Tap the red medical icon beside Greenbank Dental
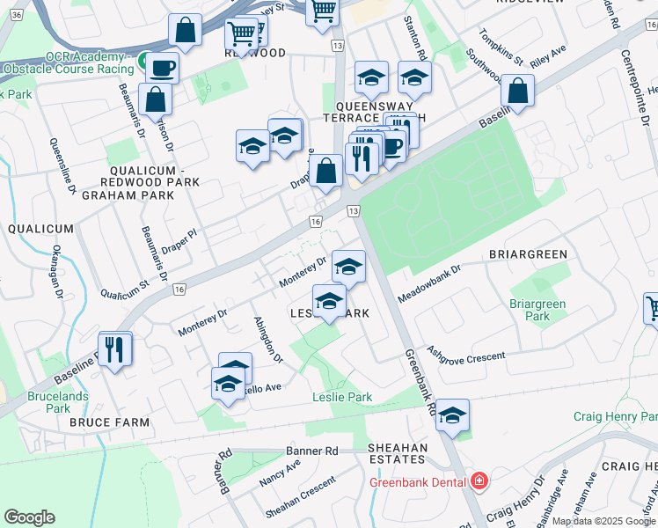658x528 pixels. point(479,481)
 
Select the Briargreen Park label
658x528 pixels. point(537,310)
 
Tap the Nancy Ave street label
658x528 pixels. point(280,472)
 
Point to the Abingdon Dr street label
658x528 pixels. point(268,340)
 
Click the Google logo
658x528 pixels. point(29,517)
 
